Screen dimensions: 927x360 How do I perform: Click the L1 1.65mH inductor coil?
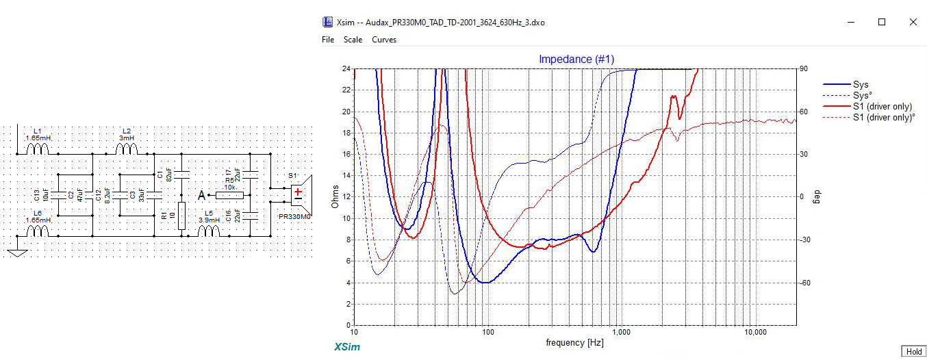point(38,149)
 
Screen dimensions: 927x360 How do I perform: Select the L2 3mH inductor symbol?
point(127,149)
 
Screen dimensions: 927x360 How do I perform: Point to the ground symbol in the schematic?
point(17,253)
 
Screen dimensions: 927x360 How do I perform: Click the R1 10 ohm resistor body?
point(181,216)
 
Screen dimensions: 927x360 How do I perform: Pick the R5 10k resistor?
point(229,195)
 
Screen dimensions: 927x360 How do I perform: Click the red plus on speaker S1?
point(298,192)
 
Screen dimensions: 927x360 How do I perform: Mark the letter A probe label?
point(201,195)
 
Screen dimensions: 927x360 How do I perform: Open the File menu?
point(328,39)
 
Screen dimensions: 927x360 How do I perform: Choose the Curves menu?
point(384,39)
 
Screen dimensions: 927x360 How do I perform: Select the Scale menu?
point(353,39)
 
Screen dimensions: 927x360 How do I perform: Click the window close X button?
point(913,22)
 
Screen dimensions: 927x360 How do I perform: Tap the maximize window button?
point(882,22)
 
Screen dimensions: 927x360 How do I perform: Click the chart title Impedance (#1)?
point(576,59)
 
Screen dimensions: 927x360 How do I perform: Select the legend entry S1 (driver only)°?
point(884,118)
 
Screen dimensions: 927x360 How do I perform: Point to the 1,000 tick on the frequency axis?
point(622,332)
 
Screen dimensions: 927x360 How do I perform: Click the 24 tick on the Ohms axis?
point(346,68)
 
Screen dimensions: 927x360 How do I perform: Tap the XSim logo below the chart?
point(347,347)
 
